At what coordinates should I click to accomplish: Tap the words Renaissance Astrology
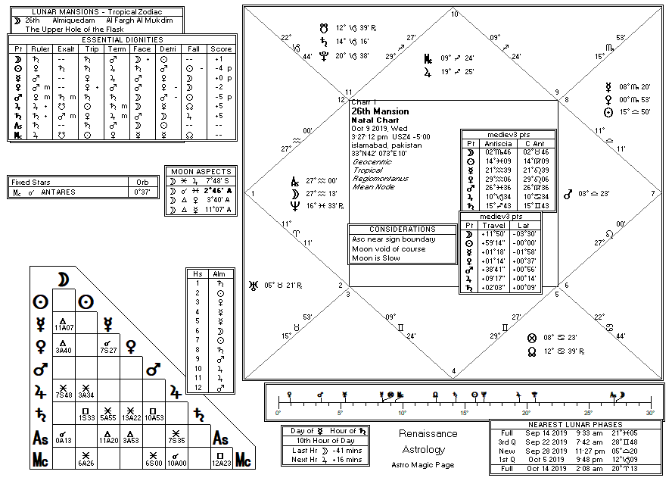coord(428,442)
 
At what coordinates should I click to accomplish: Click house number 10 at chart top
coord(454,14)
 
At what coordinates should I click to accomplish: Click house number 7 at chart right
coord(653,193)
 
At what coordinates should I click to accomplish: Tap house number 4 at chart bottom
coord(454,372)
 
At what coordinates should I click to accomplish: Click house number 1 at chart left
coord(252,193)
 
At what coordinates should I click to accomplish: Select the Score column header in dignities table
coord(222,49)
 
